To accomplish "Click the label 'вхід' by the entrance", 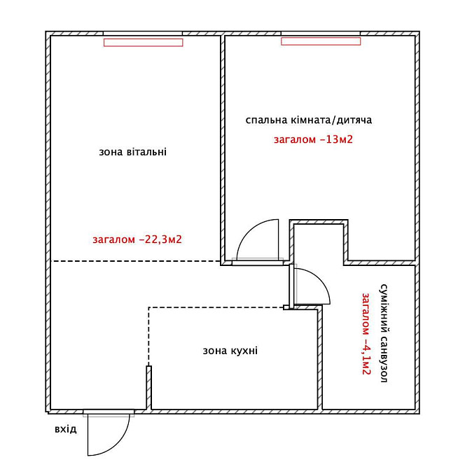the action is pyautogui.click(x=66, y=429).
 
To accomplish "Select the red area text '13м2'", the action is pyautogui.click(x=340, y=139).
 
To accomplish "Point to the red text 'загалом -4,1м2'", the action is pyautogui.click(x=366, y=333).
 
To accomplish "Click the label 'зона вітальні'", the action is pyautogui.click(x=133, y=152).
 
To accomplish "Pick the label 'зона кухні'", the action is pyautogui.click(x=230, y=351).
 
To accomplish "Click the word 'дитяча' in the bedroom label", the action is pyautogui.click(x=354, y=120).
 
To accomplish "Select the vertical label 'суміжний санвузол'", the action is pyautogui.click(x=384, y=333).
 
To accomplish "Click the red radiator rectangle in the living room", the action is pyautogui.click(x=144, y=43).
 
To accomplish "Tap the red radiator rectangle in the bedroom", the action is pyautogui.click(x=321, y=41).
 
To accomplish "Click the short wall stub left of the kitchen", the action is pyautogui.click(x=148, y=387).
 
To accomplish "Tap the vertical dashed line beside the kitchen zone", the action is pyautogui.click(x=148, y=336).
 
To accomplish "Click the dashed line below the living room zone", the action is pyautogui.click(x=136, y=261).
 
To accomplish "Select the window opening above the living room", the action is pyautogui.click(x=143, y=34).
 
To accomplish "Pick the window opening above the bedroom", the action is pyautogui.click(x=321, y=34).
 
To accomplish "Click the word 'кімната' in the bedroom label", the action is pyautogui.click(x=310, y=120).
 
